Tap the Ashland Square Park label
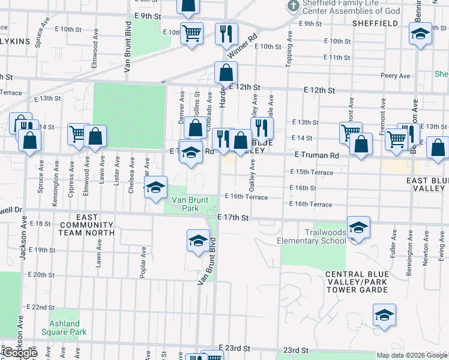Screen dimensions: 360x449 64,328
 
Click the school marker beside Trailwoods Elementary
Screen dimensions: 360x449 358,227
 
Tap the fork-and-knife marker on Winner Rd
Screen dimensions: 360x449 226,34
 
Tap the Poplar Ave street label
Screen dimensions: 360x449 143,263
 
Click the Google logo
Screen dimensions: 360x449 19,352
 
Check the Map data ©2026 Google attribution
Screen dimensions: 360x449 412,355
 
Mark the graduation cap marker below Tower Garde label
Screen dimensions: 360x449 384,314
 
